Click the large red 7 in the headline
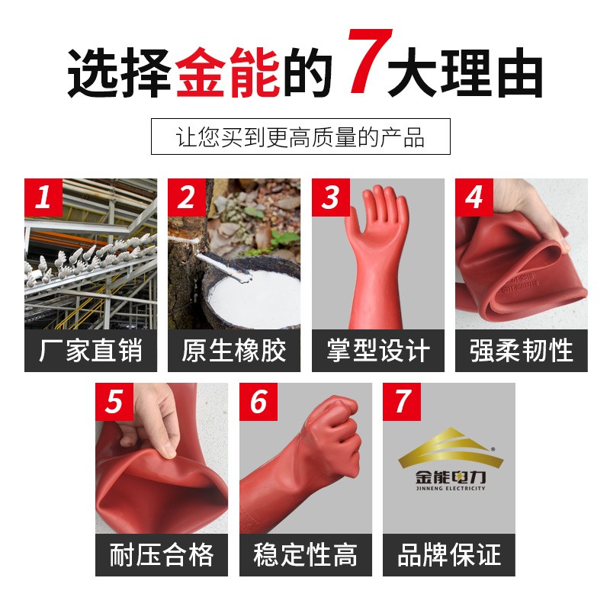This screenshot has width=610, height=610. (370, 61)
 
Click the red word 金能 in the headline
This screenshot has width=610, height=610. (227, 72)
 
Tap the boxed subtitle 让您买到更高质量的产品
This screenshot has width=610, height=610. (300, 136)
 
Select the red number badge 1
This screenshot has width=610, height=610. (43, 197)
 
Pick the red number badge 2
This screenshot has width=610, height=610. (187, 197)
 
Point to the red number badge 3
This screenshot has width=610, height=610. (331, 197)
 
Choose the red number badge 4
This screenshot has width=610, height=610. (474, 197)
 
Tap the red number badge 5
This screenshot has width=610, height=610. (114, 402)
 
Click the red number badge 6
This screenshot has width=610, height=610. (258, 402)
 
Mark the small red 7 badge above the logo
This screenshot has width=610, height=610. (402, 402)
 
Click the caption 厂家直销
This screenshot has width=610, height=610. (91, 351)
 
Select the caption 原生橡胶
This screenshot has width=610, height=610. (234, 351)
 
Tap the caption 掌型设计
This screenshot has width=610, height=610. (378, 351)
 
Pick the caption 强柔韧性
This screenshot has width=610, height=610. (522, 351)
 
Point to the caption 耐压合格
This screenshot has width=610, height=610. (162, 555)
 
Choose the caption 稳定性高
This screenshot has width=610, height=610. (306, 555)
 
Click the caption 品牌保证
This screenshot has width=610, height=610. (449, 555)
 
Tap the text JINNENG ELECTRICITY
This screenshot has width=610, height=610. (451, 488)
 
